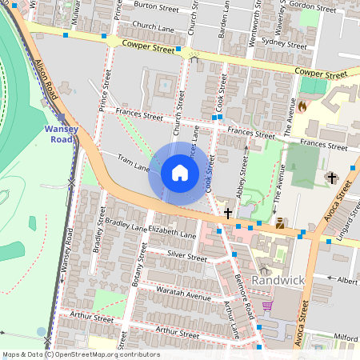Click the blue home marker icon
(180, 173)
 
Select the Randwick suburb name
(278, 281)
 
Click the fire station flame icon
(302, 104)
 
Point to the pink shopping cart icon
(267, 306)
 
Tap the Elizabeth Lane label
(172, 235)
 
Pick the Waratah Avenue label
(183, 292)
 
